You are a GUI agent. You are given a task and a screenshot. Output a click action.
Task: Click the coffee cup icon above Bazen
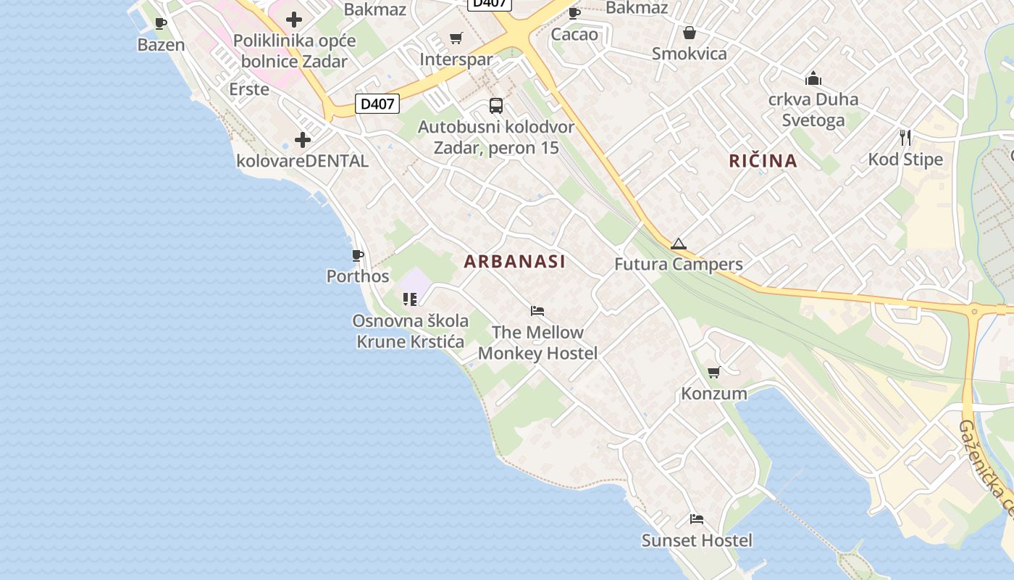click(x=161, y=24)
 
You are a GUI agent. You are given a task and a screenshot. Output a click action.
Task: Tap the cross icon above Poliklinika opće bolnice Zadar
click(x=294, y=20)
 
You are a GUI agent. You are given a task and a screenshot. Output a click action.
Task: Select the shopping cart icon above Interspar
click(x=456, y=38)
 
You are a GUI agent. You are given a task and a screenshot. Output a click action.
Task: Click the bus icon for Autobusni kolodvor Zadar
click(x=496, y=106)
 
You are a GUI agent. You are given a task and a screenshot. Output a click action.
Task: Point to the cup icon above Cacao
click(x=574, y=13)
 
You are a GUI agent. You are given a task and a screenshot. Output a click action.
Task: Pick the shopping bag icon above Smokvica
click(x=690, y=33)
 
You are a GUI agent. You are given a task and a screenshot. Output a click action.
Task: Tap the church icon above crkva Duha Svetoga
click(x=813, y=78)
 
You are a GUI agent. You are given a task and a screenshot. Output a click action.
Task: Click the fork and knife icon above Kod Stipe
click(x=905, y=138)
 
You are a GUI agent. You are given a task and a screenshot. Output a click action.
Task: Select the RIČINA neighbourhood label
click(x=763, y=161)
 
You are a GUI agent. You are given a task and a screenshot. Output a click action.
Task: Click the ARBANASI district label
click(x=514, y=262)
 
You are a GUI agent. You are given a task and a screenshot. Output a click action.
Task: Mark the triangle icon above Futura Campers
click(x=678, y=244)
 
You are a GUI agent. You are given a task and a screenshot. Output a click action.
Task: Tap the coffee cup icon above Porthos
click(x=357, y=255)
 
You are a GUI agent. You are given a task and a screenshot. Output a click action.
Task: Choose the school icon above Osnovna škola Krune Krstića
click(x=410, y=299)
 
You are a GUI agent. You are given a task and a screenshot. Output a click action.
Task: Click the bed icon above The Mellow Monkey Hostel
click(x=537, y=311)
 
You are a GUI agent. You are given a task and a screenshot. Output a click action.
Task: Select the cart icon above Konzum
click(x=714, y=373)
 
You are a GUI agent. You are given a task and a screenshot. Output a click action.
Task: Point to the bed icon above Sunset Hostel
click(x=697, y=519)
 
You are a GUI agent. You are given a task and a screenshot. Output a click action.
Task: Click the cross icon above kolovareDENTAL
click(x=303, y=140)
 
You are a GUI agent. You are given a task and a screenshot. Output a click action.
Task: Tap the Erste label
click(x=249, y=89)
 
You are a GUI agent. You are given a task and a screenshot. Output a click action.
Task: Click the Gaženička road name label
click(x=984, y=468)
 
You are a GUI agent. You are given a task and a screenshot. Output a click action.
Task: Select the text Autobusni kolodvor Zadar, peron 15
click(x=496, y=137)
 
